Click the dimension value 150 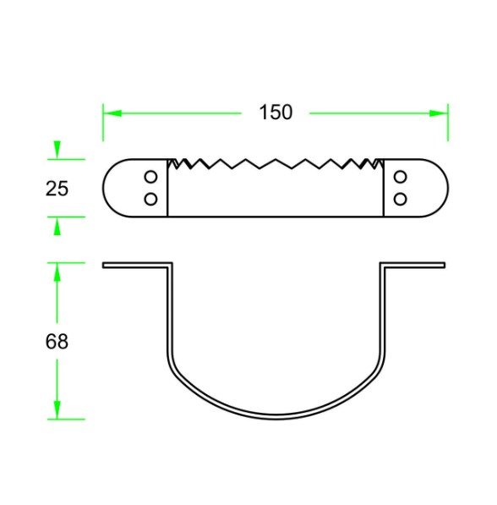276,113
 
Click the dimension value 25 57,189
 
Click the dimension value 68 57,342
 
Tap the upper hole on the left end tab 150,177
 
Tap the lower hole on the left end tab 150,199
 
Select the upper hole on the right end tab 401,177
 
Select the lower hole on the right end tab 401,199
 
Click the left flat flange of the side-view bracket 135,265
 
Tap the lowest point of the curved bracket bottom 276,418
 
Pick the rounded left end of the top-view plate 106,188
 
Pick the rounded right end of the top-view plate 445,188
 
